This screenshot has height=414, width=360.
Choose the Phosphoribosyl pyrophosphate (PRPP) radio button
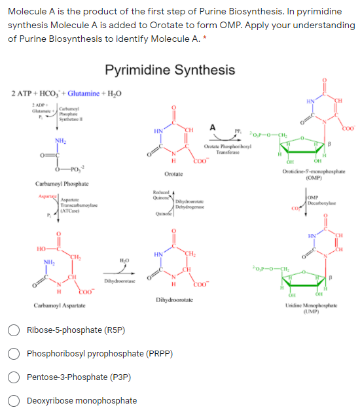point(14,354)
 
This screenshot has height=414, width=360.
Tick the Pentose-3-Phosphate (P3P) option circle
point(14,377)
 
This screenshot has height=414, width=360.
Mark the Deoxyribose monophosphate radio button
point(14,401)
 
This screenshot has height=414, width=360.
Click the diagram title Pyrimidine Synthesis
point(170,70)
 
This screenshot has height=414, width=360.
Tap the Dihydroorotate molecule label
point(173,298)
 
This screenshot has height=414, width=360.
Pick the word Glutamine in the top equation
point(88,94)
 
